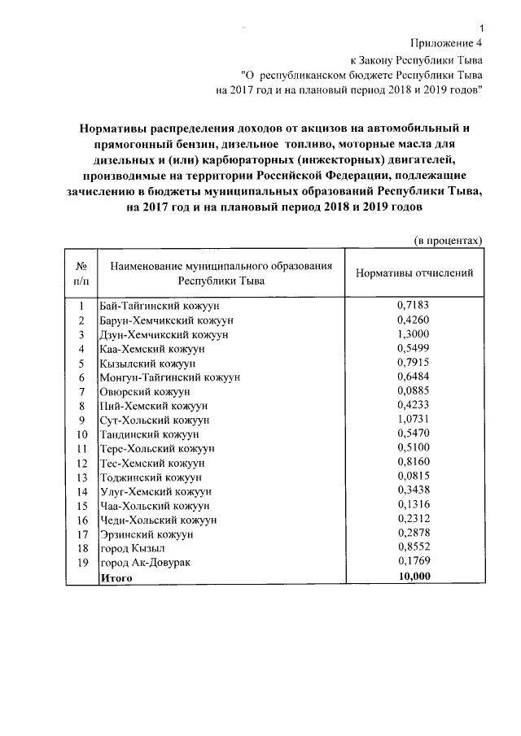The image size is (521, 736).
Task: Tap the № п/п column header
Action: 81,273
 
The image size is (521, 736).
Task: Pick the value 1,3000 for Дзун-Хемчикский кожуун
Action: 414,333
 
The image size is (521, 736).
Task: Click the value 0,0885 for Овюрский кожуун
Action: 414,390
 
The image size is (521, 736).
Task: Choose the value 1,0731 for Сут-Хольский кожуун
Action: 414,419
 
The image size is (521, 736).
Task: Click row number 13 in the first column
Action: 81,477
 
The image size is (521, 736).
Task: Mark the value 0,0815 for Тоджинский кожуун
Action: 414,476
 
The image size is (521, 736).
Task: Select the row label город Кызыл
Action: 129,548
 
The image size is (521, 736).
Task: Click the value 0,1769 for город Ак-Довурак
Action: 414,561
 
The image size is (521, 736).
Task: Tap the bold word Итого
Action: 115,577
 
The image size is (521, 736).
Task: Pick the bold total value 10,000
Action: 414,576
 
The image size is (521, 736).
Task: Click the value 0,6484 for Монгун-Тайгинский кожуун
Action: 414,377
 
